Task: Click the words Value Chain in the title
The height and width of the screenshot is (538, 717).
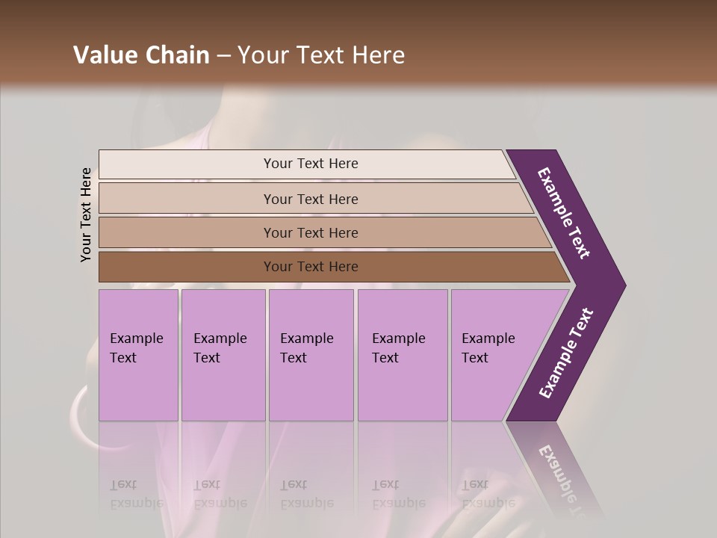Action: (x=141, y=55)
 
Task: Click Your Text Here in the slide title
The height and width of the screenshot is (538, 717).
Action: (x=321, y=55)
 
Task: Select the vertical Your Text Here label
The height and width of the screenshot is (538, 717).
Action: (x=86, y=214)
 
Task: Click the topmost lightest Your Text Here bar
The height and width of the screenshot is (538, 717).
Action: (x=311, y=164)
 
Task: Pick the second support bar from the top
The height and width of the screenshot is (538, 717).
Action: (x=311, y=199)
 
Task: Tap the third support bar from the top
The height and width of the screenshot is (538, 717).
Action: (x=311, y=232)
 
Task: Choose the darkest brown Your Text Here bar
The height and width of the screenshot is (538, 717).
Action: (x=311, y=267)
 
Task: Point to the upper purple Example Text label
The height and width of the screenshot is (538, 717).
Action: (x=564, y=213)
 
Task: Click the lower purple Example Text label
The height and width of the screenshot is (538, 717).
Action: (x=566, y=353)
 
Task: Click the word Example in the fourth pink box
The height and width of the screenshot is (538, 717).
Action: (x=399, y=338)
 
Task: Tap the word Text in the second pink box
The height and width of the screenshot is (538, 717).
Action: (x=207, y=358)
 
